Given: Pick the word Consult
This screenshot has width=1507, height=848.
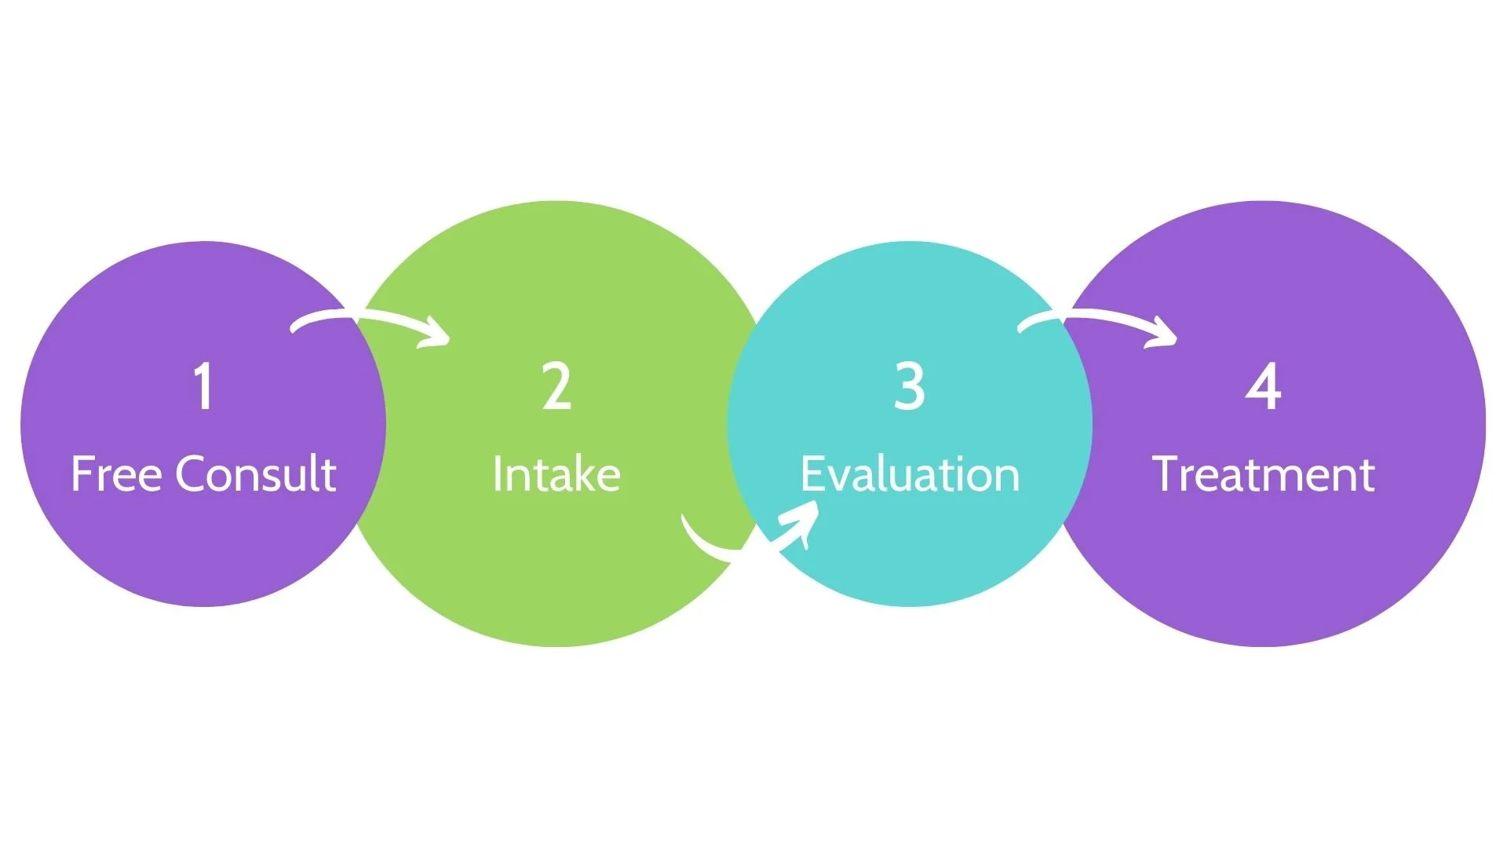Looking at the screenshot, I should coord(256,473).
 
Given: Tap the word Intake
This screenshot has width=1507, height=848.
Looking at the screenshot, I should coord(556,474).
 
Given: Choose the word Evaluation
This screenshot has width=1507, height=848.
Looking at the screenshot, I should coord(910,474).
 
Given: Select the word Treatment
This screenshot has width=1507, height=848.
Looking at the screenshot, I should coord(1263,474).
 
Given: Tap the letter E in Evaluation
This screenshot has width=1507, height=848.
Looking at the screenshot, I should coord(811,474).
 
